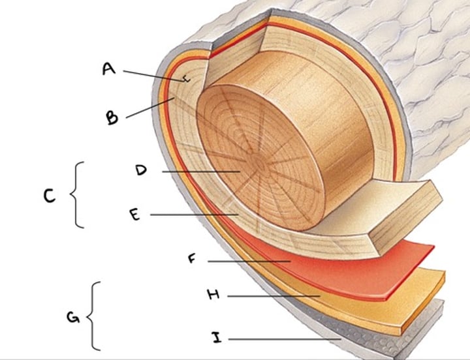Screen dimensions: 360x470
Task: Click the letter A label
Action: coord(109,68)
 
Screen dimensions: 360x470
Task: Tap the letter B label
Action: coord(113,117)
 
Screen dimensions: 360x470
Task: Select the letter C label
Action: coord(50,196)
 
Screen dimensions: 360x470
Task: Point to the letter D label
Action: coord(141,170)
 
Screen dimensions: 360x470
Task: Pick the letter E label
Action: coord(134,215)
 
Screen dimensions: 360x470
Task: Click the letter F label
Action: coord(192,259)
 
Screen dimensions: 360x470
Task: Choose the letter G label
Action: coord(73,318)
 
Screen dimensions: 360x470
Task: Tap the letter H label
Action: coord(213,295)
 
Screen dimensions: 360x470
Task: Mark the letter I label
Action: coord(216,338)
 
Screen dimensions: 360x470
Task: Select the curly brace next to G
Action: coord(95,316)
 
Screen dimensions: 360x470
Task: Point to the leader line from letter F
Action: coord(248,261)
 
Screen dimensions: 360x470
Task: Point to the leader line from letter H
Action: coord(274,296)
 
